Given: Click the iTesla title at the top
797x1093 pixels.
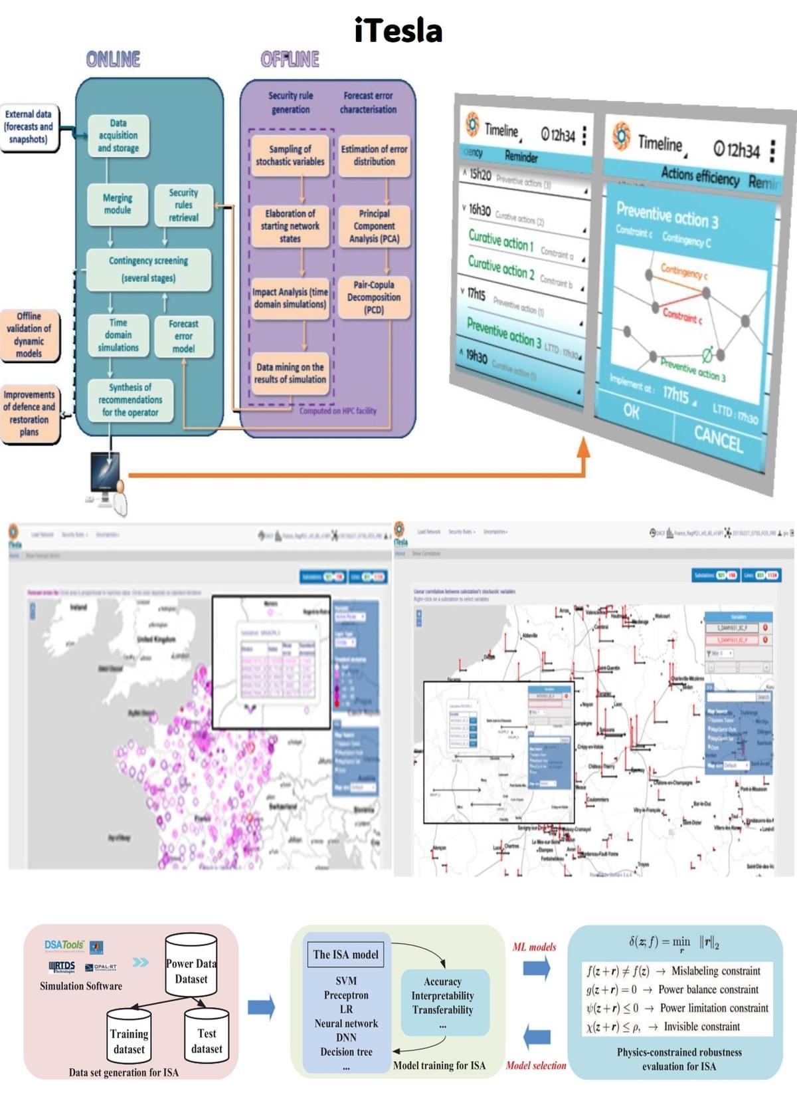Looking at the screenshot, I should pos(398,31).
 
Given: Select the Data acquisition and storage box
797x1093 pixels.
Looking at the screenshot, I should pos(118,136).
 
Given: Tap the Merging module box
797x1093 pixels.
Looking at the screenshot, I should pos(118,204).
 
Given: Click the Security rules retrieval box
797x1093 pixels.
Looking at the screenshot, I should pos(183,205).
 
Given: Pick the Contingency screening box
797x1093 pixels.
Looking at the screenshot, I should pos(149,269).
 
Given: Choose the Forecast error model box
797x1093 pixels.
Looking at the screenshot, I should pos(183,336).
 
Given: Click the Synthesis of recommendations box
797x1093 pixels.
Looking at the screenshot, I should pos(130,400).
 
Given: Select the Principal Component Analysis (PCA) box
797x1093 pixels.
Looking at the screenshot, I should pos(374,226).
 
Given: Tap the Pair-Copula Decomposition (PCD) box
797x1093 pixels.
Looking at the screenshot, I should pos(374,297).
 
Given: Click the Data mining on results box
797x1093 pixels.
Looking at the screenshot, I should pos(290,373).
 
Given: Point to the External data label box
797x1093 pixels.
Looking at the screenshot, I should pos(28,126).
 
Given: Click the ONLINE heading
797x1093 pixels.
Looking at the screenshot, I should pos(113,60).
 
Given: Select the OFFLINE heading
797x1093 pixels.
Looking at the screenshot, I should pos(290,60).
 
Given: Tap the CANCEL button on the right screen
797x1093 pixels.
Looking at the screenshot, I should pos(717,439).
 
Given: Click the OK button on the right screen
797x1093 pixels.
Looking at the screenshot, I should pos(631,412).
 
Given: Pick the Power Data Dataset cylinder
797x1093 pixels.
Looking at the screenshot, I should pos(191,967).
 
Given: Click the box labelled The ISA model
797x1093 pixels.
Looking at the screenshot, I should pos(345,955).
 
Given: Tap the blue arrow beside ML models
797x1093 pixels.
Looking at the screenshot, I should pos(536,967).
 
